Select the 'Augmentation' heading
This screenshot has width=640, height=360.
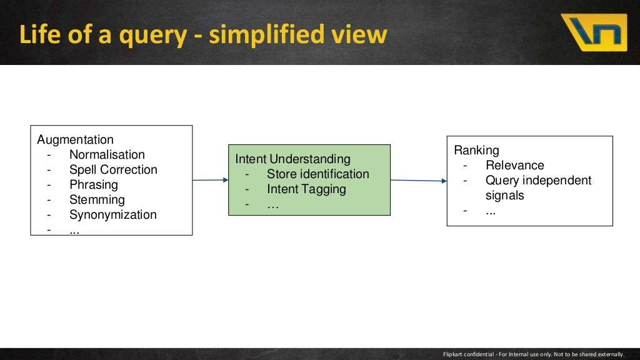coord(75,140)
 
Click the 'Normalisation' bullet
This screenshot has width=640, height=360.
coord(107,155)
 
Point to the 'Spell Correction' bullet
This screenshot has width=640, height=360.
coord(113,170)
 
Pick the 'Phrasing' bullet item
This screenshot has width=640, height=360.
coord(93,185)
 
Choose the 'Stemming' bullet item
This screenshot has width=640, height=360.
coord(97,200)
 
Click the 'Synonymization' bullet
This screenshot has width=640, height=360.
coord(112,215)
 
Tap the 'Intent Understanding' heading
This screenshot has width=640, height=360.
coord(292,159)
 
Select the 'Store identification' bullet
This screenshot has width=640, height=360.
coord(317,174)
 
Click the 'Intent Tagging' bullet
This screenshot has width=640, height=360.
coord(306,189)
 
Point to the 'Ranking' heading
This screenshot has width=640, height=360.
coord(476,150)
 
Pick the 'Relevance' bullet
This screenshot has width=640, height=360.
coord(514,165)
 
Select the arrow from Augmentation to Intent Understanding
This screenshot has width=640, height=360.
coord(210,180)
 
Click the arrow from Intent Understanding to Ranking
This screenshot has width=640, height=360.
coord(418,181)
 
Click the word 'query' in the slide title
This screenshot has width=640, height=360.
coord(153,36)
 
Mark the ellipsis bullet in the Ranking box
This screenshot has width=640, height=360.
coord(491,211)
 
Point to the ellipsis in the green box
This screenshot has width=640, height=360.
coord(272,204)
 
